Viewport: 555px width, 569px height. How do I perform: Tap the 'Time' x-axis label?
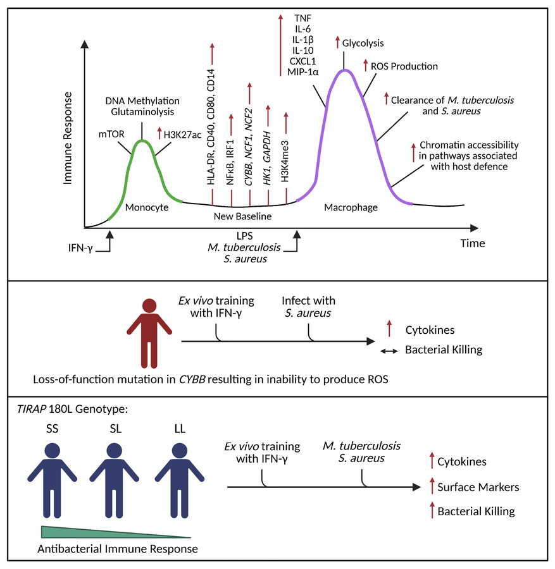click(472, 243)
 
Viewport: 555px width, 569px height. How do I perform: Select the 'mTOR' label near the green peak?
click(111, 133)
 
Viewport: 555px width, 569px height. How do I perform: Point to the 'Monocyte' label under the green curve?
click(147, 207)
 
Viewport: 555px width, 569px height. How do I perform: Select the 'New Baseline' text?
click(243, 217)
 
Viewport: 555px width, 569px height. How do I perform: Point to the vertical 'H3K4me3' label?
click(286, 161)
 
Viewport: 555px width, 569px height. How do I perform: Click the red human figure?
click(148, 328)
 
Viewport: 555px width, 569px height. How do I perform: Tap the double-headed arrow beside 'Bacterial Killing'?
click(388, 350)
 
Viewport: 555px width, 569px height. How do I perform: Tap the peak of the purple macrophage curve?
click(344, 70)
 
